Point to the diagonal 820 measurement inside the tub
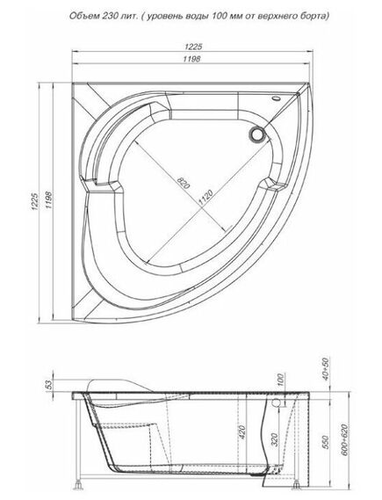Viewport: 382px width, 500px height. (181, 183)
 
